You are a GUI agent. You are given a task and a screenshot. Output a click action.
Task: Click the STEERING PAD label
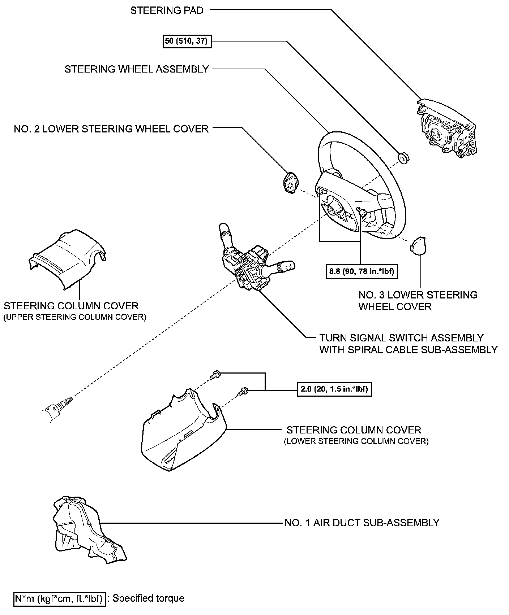tap(167, 10)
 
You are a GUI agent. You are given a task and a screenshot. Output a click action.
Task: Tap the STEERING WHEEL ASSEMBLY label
tap(137, 69)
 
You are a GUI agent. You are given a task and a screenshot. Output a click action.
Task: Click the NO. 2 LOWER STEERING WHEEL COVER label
tap(111, 129)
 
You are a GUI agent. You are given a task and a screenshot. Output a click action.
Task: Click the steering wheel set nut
tap(402, 158)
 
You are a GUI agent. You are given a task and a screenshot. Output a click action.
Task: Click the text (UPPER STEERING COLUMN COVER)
tap(75, 318)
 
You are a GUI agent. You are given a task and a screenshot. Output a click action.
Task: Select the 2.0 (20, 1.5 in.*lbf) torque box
tap(334, 389)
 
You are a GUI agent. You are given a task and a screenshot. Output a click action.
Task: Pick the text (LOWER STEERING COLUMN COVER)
tap(356, 441)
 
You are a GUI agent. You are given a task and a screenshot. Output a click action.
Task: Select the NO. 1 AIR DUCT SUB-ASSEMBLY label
tap(362, 523)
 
